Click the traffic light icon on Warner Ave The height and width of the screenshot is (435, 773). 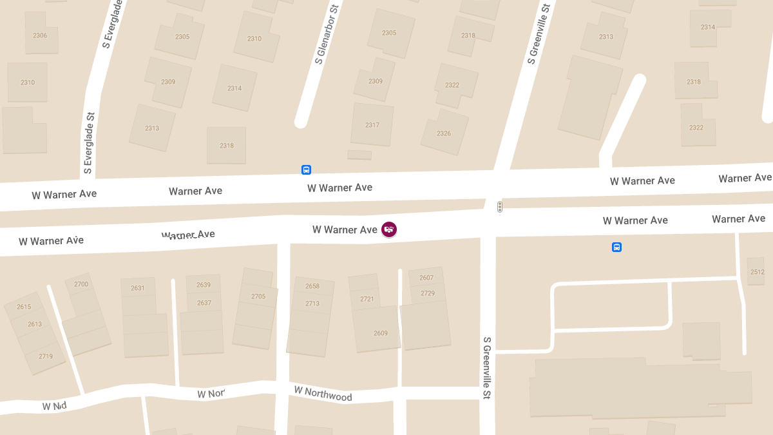point(499,207)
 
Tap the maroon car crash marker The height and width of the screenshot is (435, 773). point(389,229)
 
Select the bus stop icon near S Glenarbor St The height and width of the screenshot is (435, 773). point(307,170)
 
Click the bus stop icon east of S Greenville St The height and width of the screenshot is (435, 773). point(616,247)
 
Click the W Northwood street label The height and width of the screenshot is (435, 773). point(323,393)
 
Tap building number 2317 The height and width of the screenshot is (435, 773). point(372,125)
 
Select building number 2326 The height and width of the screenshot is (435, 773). point(444,133)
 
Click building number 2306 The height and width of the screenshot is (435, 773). point(40,35)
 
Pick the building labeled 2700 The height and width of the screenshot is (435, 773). point(81,284)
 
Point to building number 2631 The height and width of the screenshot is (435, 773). point(138,288)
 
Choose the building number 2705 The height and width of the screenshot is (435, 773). point(258,296)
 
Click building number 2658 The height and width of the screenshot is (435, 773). point(312,286)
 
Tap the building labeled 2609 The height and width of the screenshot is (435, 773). point(381,333)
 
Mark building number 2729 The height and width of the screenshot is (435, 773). point(428,293)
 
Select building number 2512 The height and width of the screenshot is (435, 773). point(758,272)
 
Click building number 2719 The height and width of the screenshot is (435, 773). point(46,356)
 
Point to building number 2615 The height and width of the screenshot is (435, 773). point(24,307)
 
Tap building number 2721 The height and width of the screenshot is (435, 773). point(367,299)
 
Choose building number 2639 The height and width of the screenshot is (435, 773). point(204,285)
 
